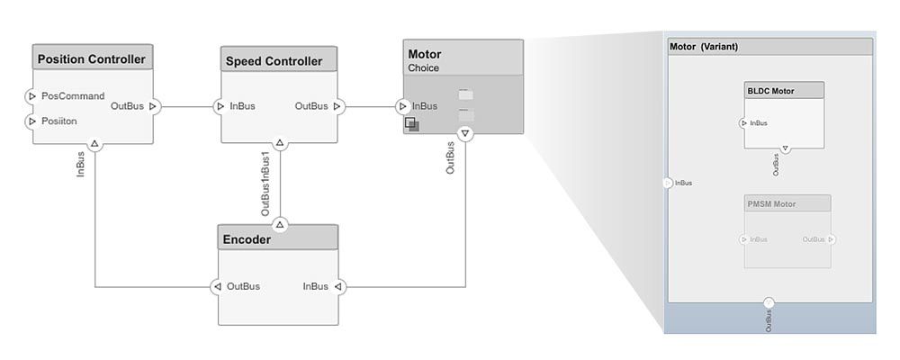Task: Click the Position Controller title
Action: [91, 59]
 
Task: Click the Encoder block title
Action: [246, 239]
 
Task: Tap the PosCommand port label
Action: [73, 96]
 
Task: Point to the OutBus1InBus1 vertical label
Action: [265, 183]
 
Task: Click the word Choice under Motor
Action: [425, 67]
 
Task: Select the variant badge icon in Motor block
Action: [411, 124]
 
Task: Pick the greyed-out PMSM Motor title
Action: [772, 204]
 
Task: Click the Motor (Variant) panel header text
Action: [704, 47]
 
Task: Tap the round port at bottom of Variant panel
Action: [769, 303]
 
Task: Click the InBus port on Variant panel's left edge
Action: [667, 183]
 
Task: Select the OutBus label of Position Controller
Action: [127, 106]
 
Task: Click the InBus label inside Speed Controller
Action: [242, 106]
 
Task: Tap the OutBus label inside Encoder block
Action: [243, 286]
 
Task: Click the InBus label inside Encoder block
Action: [315, 286]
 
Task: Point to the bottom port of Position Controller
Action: [94, 142]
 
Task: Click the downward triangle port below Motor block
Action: [464, 134]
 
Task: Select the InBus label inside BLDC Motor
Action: [759, 123]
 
